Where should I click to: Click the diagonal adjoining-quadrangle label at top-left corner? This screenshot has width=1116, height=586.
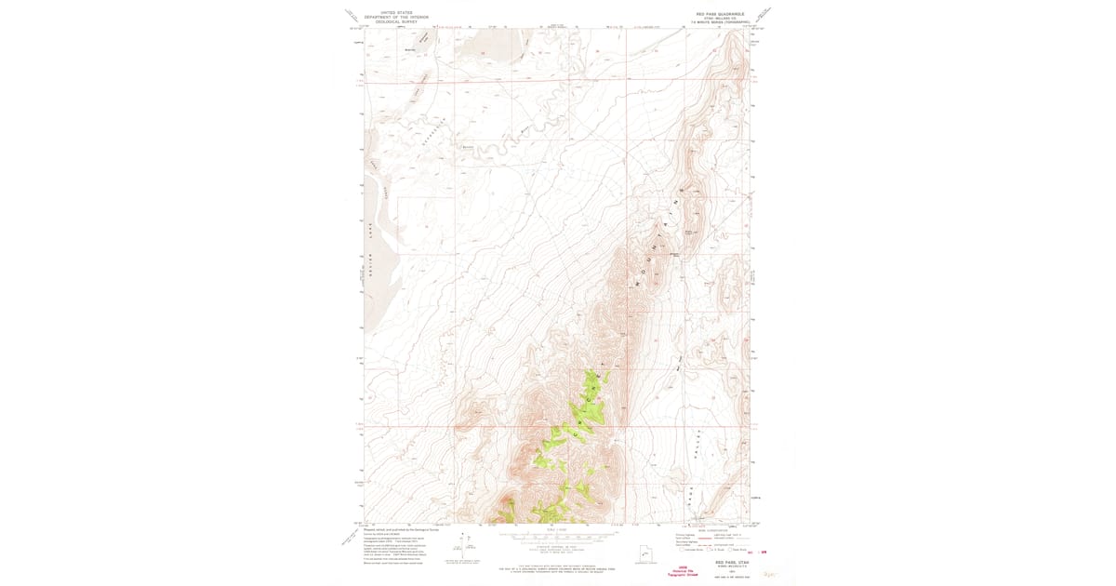point(351,15)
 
